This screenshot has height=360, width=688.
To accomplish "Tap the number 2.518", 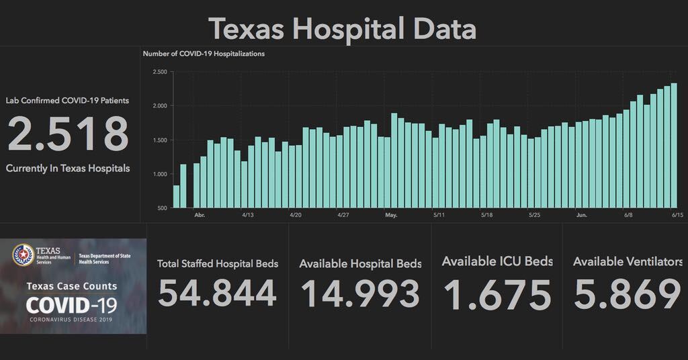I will click(68, 134).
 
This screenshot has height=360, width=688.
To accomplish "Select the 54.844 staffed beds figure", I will click(217, 294).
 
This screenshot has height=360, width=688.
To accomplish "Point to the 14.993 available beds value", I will click(360, 294).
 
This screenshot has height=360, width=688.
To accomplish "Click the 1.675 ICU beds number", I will click(497, 294).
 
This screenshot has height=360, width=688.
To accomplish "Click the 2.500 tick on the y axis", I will click(159, 72).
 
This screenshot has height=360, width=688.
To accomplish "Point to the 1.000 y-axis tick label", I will click(159, 174).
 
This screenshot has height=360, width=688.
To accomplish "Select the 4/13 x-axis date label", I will click(248, 216).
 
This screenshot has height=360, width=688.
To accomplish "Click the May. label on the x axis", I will click(392, 216).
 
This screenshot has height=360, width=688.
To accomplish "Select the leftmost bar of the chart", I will click(177, 196).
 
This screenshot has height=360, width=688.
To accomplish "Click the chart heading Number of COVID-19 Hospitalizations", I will click(204, 54).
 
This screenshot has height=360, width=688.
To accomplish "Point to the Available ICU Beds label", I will click(497, 261).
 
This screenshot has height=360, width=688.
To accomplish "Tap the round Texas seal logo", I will click(24, 255).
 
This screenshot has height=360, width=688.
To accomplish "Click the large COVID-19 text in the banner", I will click(71, 305).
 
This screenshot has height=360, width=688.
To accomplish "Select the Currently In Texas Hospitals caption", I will click(68, 168).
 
